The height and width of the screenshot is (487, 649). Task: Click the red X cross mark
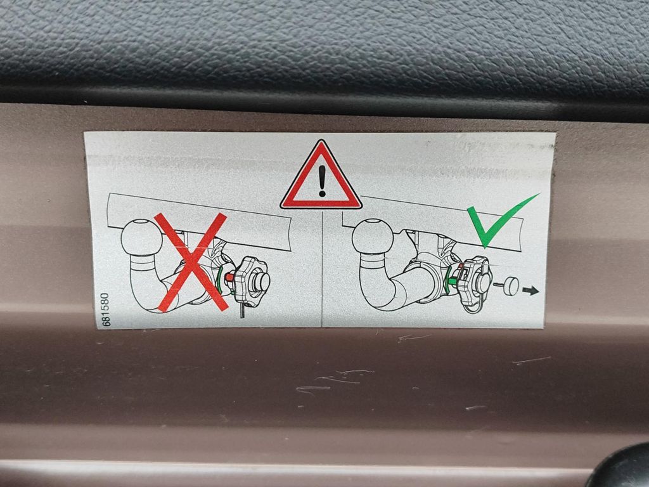[191, 262]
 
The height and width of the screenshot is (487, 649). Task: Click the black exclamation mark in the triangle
[322, 181]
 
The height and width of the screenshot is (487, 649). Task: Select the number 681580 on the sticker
[105, 309]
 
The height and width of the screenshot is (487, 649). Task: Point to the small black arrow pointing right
[530, 290]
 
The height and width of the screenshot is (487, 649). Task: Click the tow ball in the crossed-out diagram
[142, 237]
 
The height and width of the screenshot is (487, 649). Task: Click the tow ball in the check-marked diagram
[373, 237]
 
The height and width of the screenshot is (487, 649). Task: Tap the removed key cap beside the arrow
[509, 286]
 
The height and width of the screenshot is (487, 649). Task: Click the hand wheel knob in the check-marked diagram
[476, 282]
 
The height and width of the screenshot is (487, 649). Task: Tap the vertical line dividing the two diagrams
[322, 268]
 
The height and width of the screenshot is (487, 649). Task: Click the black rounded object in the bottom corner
[621, 468]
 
